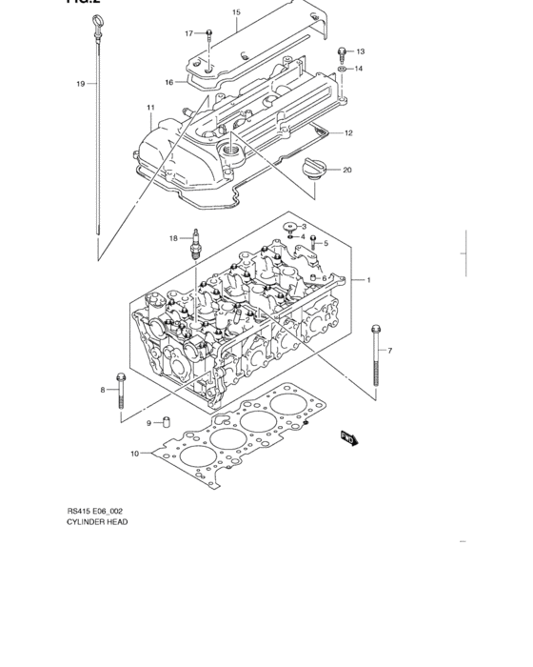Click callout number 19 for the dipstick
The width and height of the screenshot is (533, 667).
81,84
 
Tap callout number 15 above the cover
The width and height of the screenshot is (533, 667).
236,12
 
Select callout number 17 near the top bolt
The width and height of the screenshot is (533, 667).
188,33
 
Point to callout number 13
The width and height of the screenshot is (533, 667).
360,51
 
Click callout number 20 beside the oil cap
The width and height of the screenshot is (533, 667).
347,171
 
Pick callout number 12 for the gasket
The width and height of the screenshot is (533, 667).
348,132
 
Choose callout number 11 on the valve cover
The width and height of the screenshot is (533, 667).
150,107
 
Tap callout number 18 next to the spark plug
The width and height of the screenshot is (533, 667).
174,237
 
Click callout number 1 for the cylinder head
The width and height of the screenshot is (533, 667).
368,279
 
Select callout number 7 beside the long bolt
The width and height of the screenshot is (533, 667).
388,351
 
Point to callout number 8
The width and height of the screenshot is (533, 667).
103,390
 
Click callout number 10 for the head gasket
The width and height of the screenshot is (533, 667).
135,453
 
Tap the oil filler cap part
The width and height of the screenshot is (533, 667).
312,170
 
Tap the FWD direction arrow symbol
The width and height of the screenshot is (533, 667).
348,437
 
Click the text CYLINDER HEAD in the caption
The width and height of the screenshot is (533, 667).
97,523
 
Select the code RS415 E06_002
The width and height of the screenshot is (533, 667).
94,512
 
